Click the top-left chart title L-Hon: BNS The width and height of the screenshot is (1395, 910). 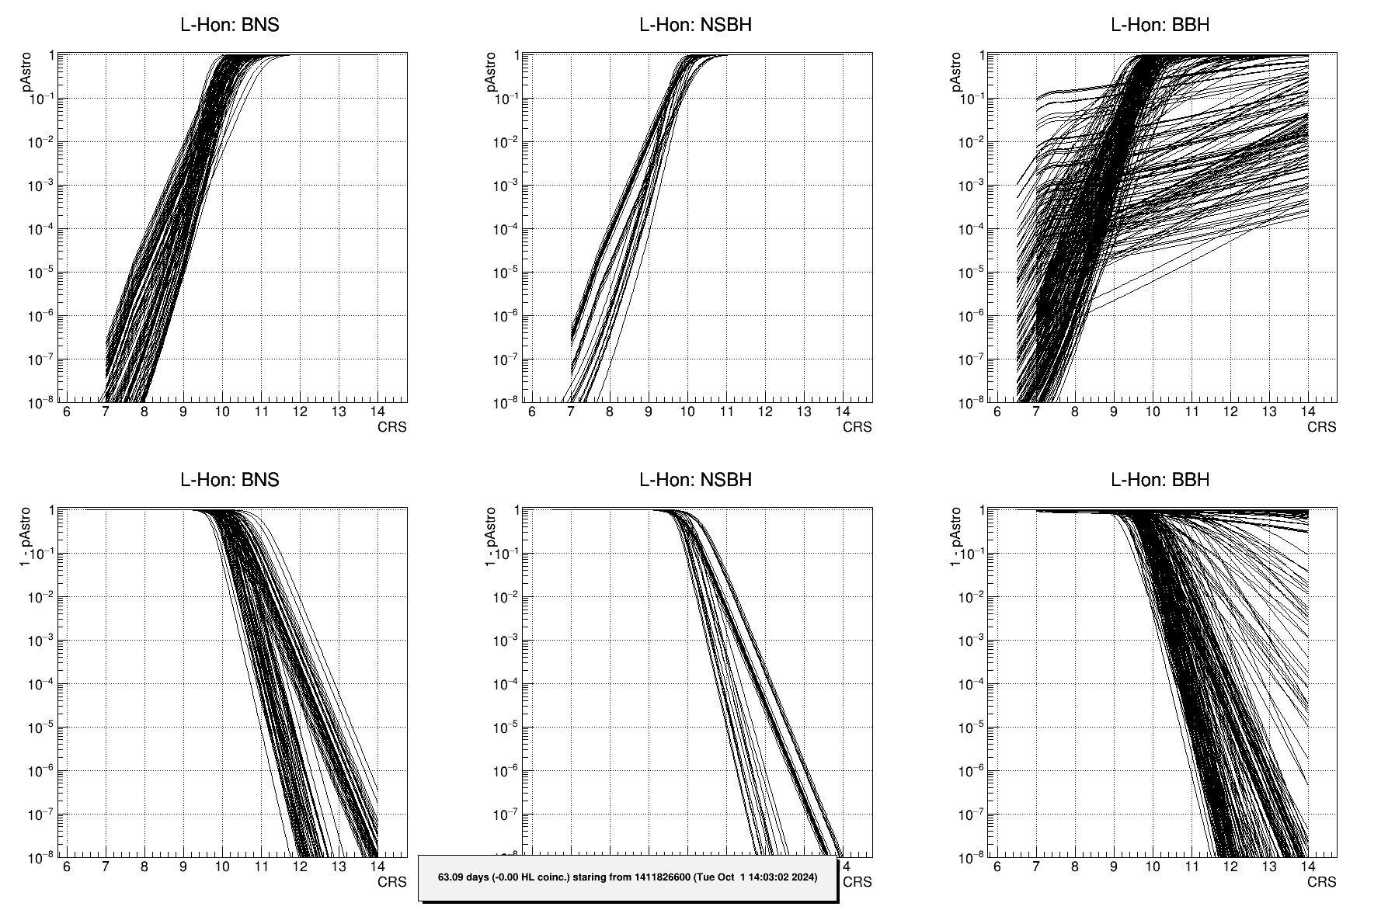[x=229, y=25]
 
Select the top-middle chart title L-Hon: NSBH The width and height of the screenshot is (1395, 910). [x=695, y=25]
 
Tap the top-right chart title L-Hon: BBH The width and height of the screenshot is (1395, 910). [x=1160, y=25]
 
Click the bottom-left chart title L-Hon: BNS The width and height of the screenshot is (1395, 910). [x=229, y=480]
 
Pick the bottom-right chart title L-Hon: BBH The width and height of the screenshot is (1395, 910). [x=1160, y=480]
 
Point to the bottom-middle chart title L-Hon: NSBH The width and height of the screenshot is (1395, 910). [x=695, y=480]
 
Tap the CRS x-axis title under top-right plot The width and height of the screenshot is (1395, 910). [x=1321, y=427]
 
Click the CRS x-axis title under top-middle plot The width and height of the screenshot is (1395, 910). [x=857, y=427]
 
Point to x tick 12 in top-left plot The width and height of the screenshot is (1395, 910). [x=300, y=412]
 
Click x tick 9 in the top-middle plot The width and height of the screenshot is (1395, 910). [x=649, y=412]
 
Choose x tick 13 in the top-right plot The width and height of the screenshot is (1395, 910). [x=1268, y=412]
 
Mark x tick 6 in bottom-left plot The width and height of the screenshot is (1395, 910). [x=67, y=867]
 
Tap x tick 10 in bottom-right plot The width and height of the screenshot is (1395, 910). [x=1152, y=867]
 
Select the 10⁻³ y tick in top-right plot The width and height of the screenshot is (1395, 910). [x=969, y=186]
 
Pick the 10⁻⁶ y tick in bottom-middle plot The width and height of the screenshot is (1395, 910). [x=505, y=772]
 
